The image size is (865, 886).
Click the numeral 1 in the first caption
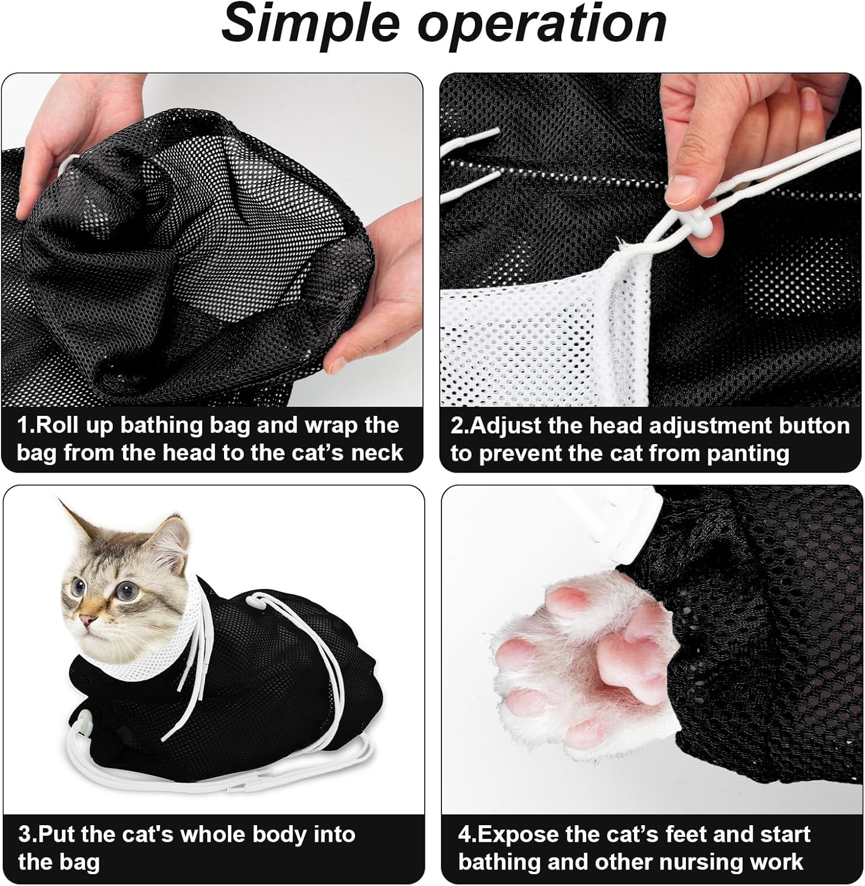click(24, 425)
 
